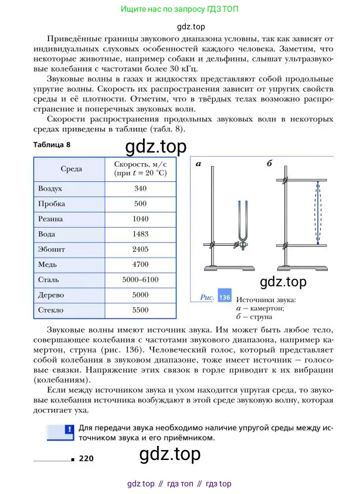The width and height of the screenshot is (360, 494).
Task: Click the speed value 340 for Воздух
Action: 140,189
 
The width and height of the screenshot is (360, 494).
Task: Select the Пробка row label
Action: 51,204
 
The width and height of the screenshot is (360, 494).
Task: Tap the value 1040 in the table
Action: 140,219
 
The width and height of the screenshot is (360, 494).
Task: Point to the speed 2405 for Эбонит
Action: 140,249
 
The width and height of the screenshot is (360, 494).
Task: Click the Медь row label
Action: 47,265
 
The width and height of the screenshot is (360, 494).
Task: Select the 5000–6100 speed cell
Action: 140,280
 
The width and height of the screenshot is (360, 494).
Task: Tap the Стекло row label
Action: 50,310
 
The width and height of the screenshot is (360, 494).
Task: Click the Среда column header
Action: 72,169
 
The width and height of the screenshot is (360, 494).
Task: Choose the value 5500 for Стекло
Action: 140,310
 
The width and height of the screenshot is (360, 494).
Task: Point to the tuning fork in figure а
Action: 241,223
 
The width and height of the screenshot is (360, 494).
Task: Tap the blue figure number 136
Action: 224,297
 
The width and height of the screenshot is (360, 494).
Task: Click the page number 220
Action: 86,458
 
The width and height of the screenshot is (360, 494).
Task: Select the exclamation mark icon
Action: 69,429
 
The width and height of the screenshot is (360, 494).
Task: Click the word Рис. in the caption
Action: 207,297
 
